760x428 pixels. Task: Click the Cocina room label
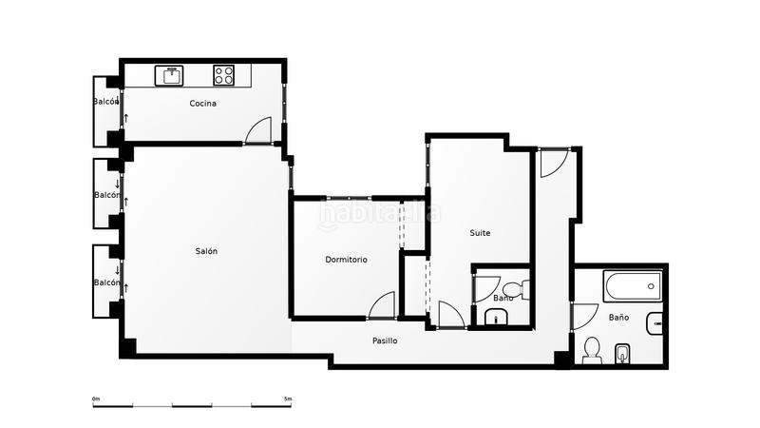point(202,104)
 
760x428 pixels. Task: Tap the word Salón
point(206,251)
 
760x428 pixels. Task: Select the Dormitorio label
point(346,260)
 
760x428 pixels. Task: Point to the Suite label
point(480,232)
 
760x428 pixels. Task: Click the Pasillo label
point(385,340)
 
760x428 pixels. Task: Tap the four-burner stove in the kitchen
point(224,73)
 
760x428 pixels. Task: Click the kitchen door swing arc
point(258,130)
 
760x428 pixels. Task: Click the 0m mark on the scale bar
point(96,399)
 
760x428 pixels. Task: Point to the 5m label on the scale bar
point(288,399)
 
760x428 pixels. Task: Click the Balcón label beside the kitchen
point(105,102)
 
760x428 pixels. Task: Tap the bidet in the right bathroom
point(623,353)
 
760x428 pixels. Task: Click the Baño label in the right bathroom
point(618,317)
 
